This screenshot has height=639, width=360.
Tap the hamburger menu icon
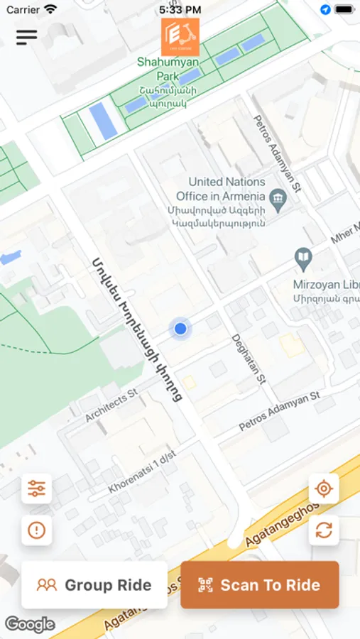(x=26, y=37)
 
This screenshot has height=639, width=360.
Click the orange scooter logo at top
(x=180, y=37)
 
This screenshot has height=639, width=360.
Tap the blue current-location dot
(x=180, y=329)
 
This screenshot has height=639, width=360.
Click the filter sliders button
(x=36, y=488)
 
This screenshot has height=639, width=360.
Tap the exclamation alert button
(x=36, y=530)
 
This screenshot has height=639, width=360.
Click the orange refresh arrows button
(x=324, y=530)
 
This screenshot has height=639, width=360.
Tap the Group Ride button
(x=94, y=585)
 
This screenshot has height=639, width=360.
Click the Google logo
(x=30, y=625)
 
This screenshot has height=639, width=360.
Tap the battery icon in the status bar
(x=344, y=9)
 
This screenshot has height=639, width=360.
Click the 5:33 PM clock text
(x=180, y=9)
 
